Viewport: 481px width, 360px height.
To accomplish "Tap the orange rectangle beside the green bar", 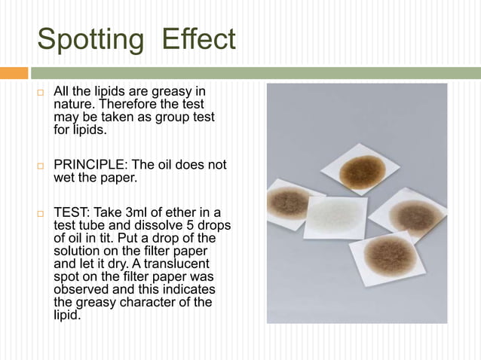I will [14, 73].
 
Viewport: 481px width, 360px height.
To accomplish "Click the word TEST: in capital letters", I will [72, 213].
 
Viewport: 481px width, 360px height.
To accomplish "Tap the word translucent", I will [184, 264].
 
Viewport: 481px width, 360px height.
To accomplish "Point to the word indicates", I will [188, 289].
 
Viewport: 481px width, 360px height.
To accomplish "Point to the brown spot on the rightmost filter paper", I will [415, 216].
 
